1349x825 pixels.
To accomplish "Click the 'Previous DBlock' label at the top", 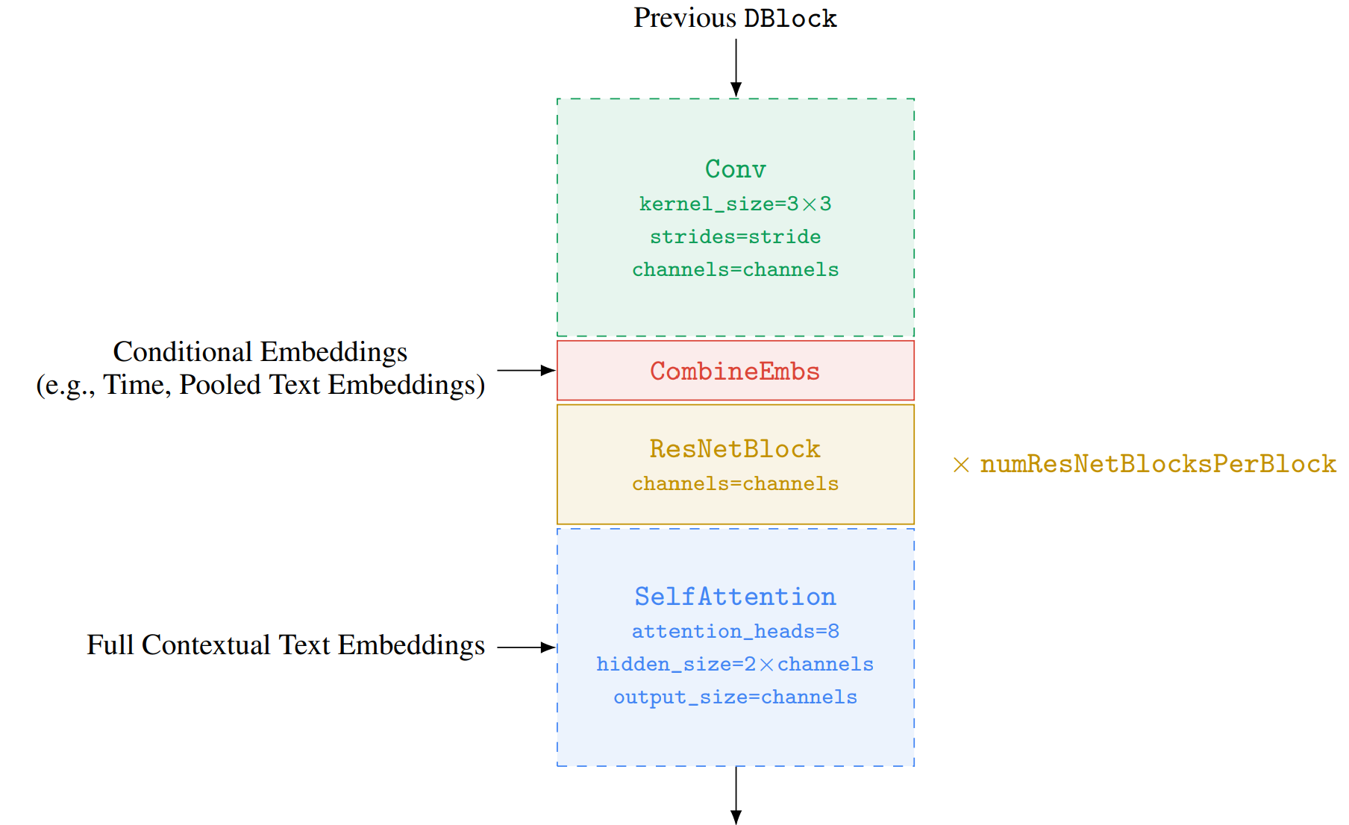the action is tap(735, 18).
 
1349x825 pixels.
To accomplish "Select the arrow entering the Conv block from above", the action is tap(736, 68).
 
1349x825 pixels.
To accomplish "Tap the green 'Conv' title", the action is tap(736, 169).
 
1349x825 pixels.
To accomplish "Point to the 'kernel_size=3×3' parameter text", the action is tap(736, 204).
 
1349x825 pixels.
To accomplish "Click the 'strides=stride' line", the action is tap(736, 236).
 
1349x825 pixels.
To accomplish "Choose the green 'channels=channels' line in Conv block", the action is tap(736, 269).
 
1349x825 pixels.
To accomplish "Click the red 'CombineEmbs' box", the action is tap(736, 371).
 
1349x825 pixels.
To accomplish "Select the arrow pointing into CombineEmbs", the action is tap(527, 370).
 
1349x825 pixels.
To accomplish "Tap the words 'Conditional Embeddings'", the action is tap(260, 351).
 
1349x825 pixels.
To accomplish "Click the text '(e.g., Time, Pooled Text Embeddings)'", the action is tap(260, 385).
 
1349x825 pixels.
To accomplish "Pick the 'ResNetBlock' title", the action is tap(736, 449).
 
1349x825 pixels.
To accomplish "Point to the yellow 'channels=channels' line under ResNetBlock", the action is tap(736, 483).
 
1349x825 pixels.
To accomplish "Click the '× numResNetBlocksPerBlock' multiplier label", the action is tap(1145, 464).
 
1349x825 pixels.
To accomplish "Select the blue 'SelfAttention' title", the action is tap(736, 597).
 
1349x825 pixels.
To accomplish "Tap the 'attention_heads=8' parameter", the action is tap(736, 631).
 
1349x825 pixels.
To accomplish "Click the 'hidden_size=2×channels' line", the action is tap(736, 664).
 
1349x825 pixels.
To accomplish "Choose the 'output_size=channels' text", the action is tap(736, 697).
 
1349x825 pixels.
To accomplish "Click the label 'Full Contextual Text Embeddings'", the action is tap(286, 645).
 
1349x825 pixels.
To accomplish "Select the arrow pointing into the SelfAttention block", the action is tap(527, 647).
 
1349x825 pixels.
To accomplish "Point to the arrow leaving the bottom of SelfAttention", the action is tap(736, 795).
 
